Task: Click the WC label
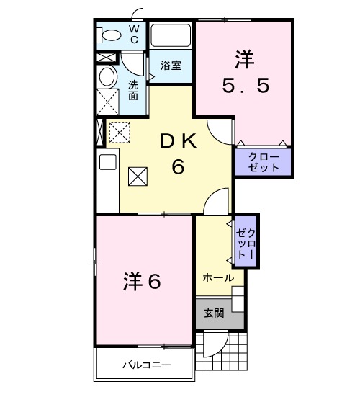[x=135, y=34]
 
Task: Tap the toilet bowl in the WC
[x=111, y=35]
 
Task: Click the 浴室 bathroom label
[x=171, y=65]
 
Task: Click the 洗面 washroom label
[x=134, y=89]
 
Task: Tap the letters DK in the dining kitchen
[x=177, y=143]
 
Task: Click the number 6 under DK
[x=177, y=167]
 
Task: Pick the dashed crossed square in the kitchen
[x=117, y=132]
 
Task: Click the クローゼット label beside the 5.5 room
[x=263, y=161]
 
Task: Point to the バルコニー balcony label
[x=145, y=367]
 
